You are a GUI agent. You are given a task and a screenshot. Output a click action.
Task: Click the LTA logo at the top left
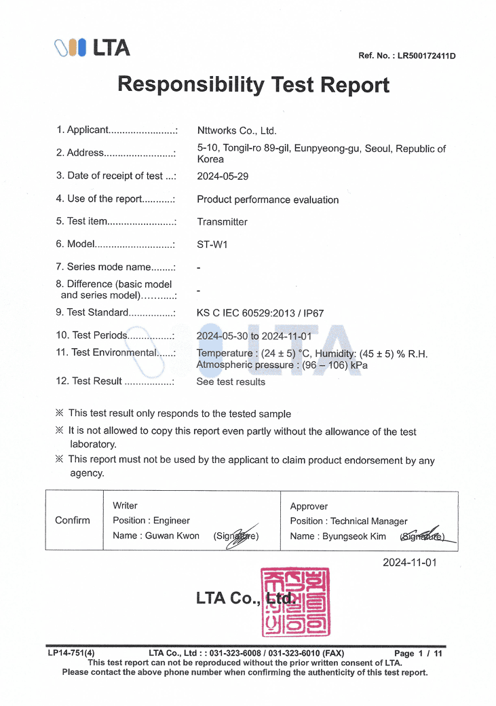[x=92, y=48]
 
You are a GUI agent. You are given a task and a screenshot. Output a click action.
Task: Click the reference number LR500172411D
[x=426, y=56]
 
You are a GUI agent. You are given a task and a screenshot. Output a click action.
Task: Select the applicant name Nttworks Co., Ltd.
[x=236, y=131]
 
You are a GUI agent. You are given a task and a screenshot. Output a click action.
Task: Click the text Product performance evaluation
[x=267, y=200]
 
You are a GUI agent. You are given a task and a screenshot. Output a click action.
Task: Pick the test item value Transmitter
[x=222, y=222]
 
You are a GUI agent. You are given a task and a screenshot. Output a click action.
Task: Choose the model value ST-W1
[x=212, y=244]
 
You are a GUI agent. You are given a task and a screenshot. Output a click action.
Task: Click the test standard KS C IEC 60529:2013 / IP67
[x=260, y=313]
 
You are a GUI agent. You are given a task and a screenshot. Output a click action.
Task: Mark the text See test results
[x=231, y=382]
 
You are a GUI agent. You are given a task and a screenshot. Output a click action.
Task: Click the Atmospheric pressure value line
[x=282, y=365]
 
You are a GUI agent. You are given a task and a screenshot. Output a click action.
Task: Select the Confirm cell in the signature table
[x=72, y=521]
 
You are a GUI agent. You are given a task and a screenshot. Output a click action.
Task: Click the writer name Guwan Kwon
[x=172, y=536]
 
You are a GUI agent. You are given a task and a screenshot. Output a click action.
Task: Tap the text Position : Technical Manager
[x=349, y=521]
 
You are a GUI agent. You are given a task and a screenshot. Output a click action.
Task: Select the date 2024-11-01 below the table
[x=409, y=562]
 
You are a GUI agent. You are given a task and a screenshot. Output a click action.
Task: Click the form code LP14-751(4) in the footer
[x=71, y=654]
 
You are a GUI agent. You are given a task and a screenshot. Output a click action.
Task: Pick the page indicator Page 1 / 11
[x=418, y=654]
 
